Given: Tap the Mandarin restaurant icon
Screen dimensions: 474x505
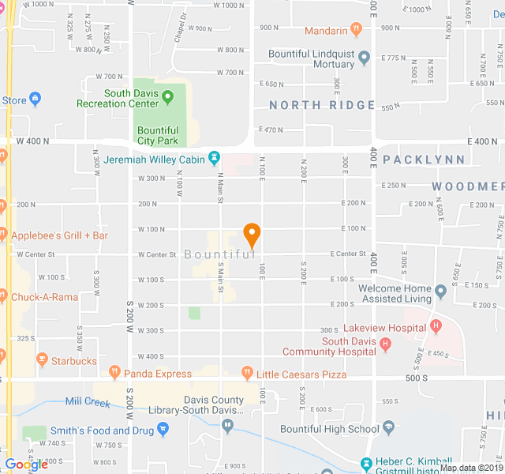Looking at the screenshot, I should pos(357,30).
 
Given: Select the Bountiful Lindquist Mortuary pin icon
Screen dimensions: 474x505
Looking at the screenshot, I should pos(364,58).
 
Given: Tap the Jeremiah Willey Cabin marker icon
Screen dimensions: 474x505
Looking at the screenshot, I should pos(213,160).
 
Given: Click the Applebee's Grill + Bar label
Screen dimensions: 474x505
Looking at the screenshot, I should pos(60,235).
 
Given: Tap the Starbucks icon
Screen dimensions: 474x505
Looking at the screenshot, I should pos(42,360).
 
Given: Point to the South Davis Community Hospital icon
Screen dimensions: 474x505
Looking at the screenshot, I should pos(385,344).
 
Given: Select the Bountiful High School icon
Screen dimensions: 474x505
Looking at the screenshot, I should pos(389,429).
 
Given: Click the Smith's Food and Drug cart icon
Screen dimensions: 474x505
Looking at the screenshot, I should pos(163,430).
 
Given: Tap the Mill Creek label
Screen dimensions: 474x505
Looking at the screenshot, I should pos(88,402).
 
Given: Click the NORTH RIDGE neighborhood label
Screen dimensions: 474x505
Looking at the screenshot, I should pos(321,105).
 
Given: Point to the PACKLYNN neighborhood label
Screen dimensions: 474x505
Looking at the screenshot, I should pos(424,160).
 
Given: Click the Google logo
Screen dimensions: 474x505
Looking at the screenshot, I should pos(26,465).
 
